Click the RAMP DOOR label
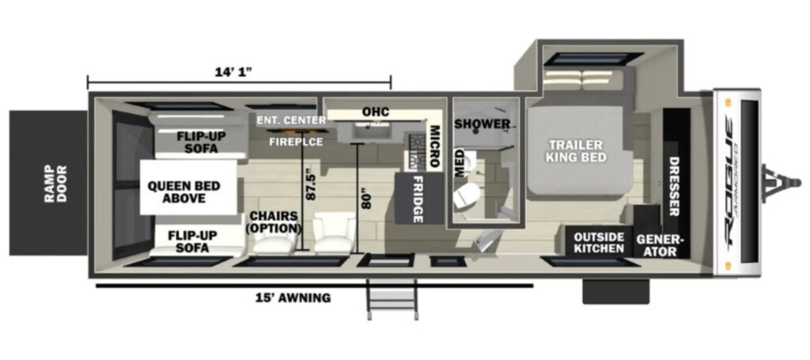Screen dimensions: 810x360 coord(55,184)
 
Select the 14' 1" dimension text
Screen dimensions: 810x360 coord(233,72)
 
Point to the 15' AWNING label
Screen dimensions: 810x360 coord(293,297)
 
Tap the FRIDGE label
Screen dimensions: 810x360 coord(418,199)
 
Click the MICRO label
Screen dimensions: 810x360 coord(434,146)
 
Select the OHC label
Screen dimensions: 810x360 coord(375,112)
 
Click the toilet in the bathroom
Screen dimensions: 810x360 coord(468,195)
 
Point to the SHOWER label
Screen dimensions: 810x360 coord(482,124)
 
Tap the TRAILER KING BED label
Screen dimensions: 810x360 coord(577,151)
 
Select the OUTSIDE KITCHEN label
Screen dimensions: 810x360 coord(600,243)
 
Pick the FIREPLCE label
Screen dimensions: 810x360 coord(296,142)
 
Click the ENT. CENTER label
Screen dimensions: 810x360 coord(292,121)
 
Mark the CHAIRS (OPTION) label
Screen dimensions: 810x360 coord(274,222)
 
